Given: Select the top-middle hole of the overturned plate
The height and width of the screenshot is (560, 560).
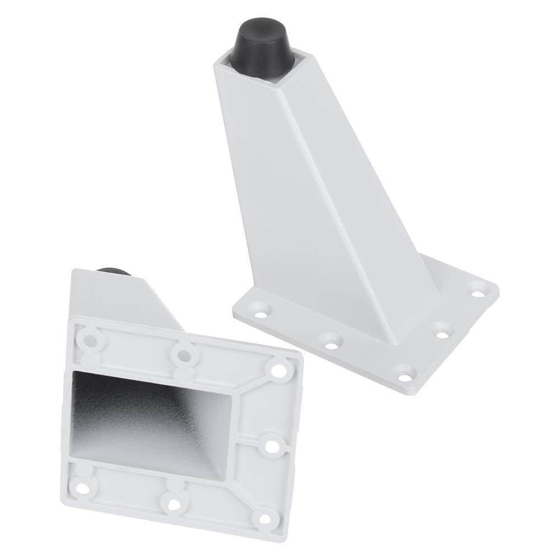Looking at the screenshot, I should pyautogui.click(x=181, y=354).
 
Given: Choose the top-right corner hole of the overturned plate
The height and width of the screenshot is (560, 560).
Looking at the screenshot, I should pyautogui.click(x=277, y=370).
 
